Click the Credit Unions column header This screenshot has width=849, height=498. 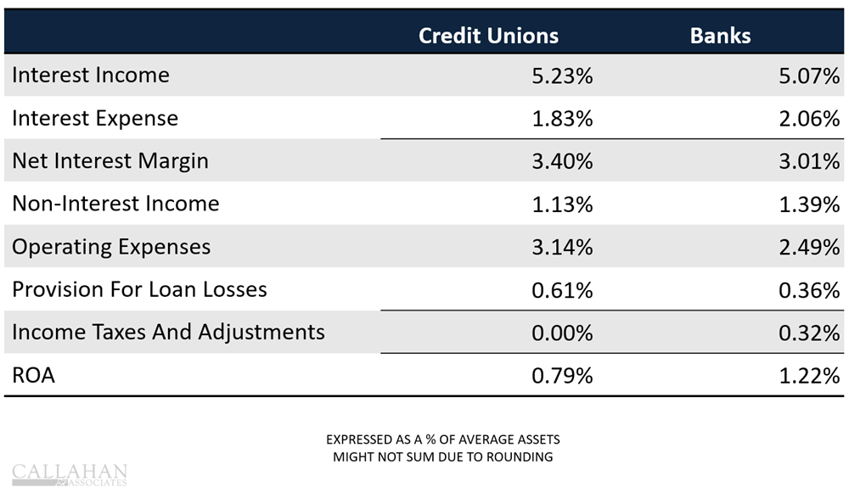[x=488, y=36]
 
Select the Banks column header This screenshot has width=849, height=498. [x=720, y=36]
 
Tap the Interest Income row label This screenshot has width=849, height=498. [x=91, y=76]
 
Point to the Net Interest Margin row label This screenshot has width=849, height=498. [x=110, y=160]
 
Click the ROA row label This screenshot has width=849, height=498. [x=34, y=375]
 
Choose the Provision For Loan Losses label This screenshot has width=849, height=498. [x=139, y=289]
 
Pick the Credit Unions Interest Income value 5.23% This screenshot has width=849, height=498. [x=561, y=76]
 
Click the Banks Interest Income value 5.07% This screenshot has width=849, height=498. [x=809, y=76]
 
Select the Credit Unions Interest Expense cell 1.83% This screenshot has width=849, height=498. [x=561, y=118]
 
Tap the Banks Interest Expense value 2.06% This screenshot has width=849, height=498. [x=809, y=118]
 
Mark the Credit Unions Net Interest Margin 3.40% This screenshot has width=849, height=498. [x=561, y=160]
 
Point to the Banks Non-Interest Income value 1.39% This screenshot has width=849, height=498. [x=809, y=204]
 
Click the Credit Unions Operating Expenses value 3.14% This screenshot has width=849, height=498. [x=561, y=247]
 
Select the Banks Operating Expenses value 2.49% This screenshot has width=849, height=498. [x=809, y=247]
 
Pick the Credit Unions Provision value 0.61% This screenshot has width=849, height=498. [x=561, y=290]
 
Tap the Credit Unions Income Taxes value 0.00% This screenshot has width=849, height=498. [x=561, y=333]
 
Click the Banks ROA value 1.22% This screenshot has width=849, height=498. [x=809, y=375]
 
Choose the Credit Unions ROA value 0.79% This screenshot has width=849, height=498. [x=561, y=375]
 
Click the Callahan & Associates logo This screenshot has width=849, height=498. [x=70, y=474]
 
